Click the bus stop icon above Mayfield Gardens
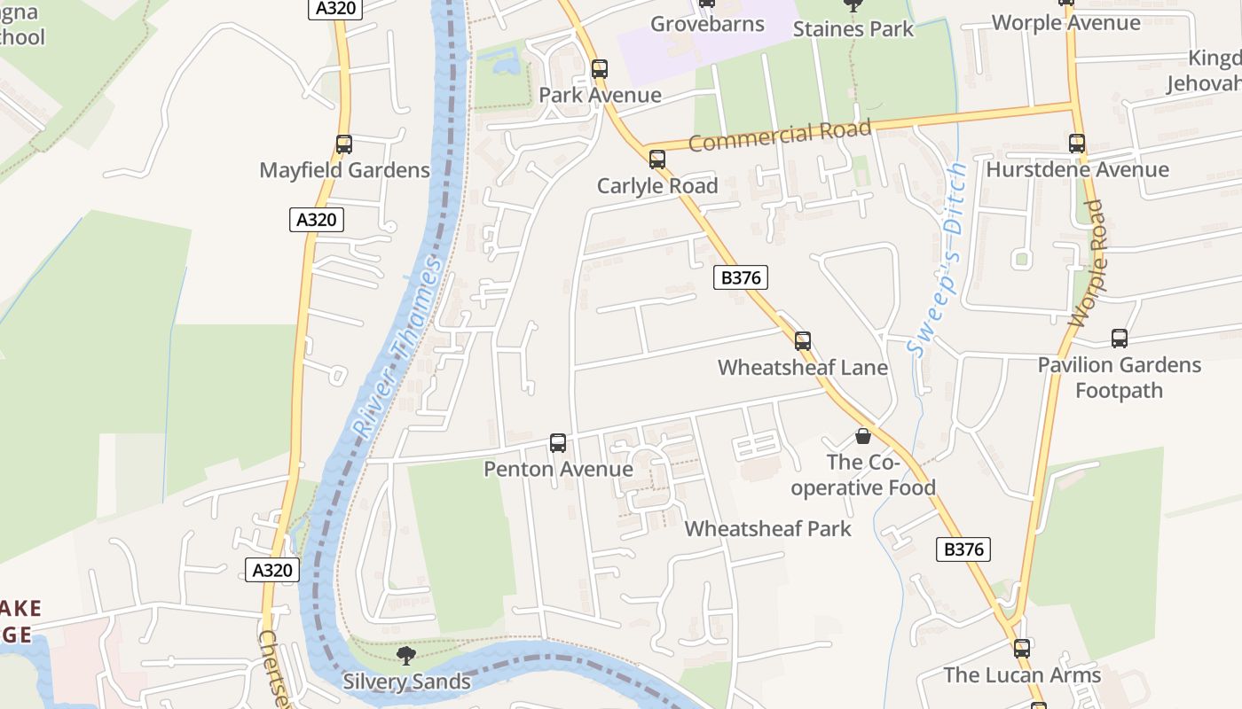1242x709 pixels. (343, 144)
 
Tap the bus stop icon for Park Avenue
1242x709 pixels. (600, 69)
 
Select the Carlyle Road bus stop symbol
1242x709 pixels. (656, 160)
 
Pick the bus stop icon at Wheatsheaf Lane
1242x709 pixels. (803, 341)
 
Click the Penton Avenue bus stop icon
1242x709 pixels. (558, 443)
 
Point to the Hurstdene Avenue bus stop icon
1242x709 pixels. (1077, 144)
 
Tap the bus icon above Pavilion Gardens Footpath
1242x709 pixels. (1120, 339)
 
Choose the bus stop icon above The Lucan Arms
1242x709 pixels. (1022, 649)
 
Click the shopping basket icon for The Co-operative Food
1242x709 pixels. (863, 436)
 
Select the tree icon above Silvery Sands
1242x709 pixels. (406, 656)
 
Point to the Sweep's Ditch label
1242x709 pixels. (939, 261)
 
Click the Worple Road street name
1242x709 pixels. (1088, 264)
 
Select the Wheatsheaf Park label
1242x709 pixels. (767, 529)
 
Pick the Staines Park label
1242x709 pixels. (853, 29)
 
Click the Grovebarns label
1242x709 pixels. (707, 24)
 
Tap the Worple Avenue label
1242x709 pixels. (1065, 23)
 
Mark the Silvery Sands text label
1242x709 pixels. (406, 682)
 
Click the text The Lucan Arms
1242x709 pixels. (1022, 675)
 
